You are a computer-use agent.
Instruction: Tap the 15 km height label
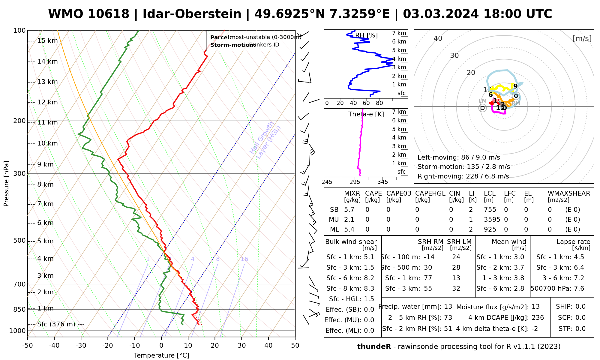click(x=47, y=41)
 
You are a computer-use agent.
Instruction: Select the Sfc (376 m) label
click(x=61, y=324)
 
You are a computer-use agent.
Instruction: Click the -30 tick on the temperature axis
click(x=81, y=346)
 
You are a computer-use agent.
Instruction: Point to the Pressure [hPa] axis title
click(x=6, y=184)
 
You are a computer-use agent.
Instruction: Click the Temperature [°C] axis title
click(x=161, y=355)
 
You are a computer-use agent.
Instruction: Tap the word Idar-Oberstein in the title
click(x=192, y=14)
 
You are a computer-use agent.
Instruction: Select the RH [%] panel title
click(x=366, y=35)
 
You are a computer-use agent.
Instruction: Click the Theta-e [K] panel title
click(x=366, y=114)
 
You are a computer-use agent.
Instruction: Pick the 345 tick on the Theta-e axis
click(x=382, y=182)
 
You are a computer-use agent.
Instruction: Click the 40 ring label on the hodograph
click(x=438, y=38)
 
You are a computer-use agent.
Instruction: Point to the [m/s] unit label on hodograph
click(x=582, y=38)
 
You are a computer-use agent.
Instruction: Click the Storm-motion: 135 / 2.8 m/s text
click(x=463, y=167)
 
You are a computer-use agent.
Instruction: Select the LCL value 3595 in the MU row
click(x=492, y=220)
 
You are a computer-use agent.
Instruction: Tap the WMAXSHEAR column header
click(x=569, y=193)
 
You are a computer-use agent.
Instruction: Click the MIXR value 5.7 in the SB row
click(x=349, y=210)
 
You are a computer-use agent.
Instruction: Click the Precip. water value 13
click(x=448, y=307)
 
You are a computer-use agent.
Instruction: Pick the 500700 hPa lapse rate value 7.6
click(x=579, y=289)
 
